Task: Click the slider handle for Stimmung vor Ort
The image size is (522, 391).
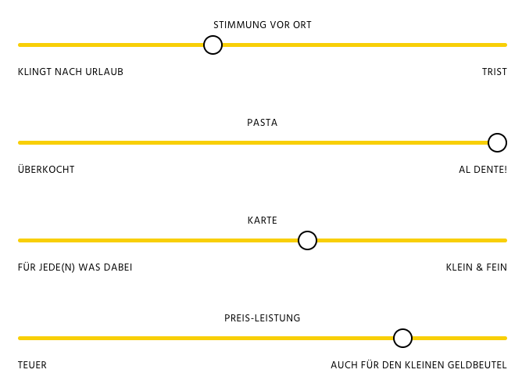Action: [x=213, y=45]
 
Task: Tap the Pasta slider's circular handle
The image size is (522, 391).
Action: [x=497, y=143]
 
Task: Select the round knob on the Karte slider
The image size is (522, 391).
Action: [x=307, y=241]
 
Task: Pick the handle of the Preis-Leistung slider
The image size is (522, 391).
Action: [x=402, y=339]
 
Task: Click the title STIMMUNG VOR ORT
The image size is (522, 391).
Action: [x=263, y=25]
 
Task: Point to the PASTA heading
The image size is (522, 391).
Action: [x=263, y=123]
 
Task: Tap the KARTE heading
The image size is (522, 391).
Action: [x=263, y=221]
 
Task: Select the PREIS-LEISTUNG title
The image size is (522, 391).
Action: [x=263, y=318]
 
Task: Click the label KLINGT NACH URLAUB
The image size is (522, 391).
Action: [x=70, y=72]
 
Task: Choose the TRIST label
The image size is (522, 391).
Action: [x=495, y=72]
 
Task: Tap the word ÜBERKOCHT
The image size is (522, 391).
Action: [x=46, y=170]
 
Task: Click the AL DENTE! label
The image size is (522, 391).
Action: [x=483, y=170]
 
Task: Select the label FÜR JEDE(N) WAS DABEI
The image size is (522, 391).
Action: [x=75, y=267]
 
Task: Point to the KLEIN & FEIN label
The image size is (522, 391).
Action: [x=477, y=267]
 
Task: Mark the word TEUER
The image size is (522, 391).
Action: [x=32, y=365]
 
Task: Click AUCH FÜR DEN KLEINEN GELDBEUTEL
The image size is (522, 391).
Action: [x=419, y=365]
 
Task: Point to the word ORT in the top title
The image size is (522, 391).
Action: [x=302, y=25]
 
